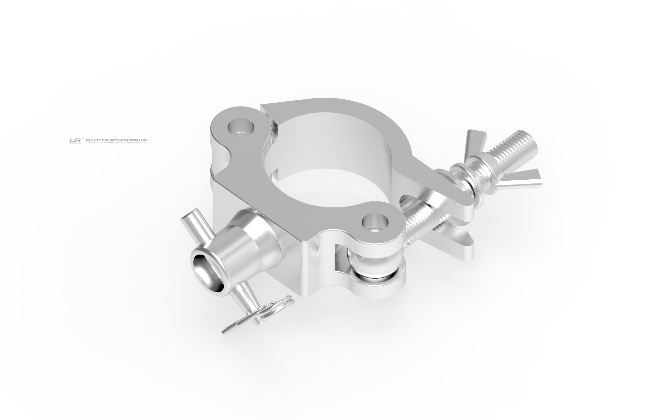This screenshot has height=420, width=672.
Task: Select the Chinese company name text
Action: tap(117, 140)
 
